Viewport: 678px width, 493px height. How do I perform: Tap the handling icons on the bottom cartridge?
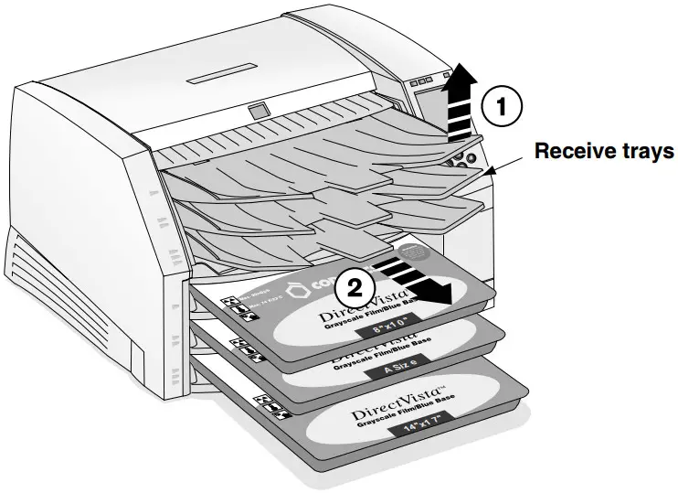[x=272, y=408]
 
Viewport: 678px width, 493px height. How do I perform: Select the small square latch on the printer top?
[x=260, y=111]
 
